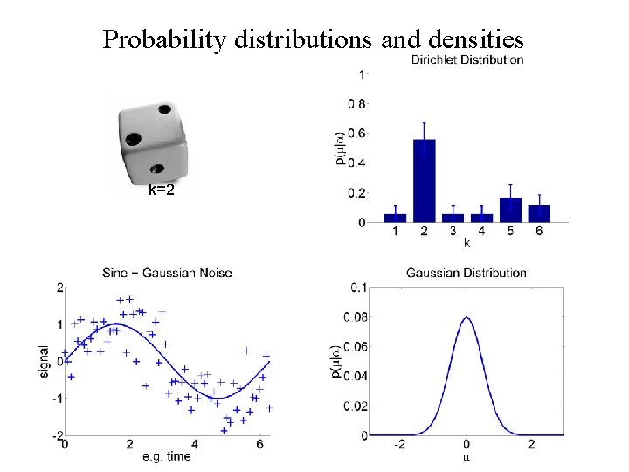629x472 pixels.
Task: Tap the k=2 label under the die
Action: click(x=162, y=189)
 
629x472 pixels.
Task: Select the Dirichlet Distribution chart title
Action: click(x=467, y=60)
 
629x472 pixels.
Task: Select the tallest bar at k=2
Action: click(x=425, y=181)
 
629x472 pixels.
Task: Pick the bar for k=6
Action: click(x=540, y=213)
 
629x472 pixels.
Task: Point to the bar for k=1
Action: click(x=396, y=218)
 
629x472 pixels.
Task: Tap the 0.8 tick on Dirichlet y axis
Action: click(x=357, y=103)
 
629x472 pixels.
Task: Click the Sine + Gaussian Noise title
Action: click(x=168, y=273)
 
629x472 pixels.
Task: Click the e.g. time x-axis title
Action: click(x=166, y=456)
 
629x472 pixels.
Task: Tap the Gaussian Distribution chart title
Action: click(x=467, y=274)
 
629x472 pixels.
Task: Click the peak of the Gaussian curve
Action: click(x=467, y=317)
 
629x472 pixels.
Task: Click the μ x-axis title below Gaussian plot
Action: click(x=467, y=456)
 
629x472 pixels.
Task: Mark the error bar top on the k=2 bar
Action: click(x=425, y=122)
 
